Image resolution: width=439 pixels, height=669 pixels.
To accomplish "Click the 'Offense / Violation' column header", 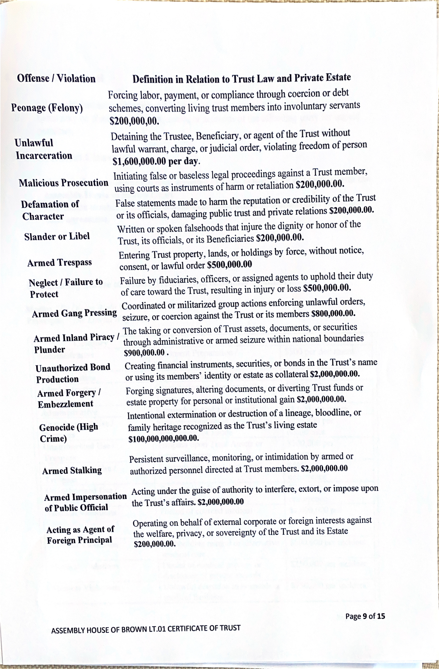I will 56,78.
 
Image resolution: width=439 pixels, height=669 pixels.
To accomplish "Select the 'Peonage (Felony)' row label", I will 47,108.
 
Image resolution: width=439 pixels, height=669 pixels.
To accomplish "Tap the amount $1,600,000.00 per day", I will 156,161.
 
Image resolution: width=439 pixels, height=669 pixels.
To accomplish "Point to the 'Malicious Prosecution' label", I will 63,183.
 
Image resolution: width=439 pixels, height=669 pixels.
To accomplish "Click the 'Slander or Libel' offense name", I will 57,237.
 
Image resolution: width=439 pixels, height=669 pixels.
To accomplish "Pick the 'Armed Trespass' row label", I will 60,263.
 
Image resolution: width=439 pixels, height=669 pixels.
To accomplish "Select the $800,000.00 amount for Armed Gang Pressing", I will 333,313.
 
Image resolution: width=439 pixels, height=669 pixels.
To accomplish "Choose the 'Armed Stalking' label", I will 72,471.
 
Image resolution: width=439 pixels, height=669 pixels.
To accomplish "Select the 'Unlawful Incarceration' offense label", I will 44,149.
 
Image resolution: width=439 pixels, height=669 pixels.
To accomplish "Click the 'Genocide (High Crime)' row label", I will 68,433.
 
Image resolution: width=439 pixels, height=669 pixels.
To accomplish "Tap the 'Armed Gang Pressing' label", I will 74,313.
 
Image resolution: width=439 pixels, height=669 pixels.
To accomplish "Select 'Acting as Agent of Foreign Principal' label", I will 80,535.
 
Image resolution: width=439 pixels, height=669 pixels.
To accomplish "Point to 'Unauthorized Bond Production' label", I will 72,373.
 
